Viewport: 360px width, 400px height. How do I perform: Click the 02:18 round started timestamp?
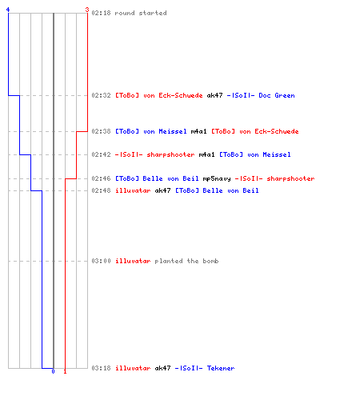pyautogui.click(x=101, y=13)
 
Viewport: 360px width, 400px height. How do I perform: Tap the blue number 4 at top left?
pyautogui.click(x=8, y=10)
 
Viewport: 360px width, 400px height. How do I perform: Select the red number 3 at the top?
pyautogui.click(x=87, y=10)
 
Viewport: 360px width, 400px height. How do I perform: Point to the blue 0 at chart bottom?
pyautogui.click(x=53, y=371)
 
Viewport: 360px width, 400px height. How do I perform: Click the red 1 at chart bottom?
pyautogui.click(x=65, y=371)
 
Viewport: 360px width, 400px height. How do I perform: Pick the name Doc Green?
pyautogui.click(x=277, y=95)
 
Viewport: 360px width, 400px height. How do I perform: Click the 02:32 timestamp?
pyautogui.click(x=101, y=95)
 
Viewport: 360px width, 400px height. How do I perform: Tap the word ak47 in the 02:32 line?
pyautogui.click(x=214, y=95)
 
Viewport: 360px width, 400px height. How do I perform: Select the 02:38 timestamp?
pyautogui.click(x=101, y=131)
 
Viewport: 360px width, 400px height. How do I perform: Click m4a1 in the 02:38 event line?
pyautogui.click(x=198, y=131)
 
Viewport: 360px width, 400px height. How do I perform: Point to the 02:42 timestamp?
pyautogui.click(x=101, y=154)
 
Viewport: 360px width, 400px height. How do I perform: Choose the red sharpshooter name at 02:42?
pyautogui.click(x=170, y=154)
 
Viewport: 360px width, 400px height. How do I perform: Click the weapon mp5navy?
pyautogui.click(x=217, y=178)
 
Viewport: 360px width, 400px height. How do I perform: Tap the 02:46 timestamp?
pyautogui.click(x=101, y=178)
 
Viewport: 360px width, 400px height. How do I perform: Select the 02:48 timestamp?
pyautogui.click(x=101, y=190)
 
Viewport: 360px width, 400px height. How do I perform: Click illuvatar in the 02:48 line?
pyautogui.click(x=133, y=190)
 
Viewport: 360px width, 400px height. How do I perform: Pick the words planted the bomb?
pyautogui.click(x=186, y=261)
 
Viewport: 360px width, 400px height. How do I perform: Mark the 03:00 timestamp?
pyautogui.click(x=101, y=261)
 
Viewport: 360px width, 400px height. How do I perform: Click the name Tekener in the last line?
pyautogui.click(x=221, y=368)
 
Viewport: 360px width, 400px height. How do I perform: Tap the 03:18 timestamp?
pyautogui.click(x=101, y=368)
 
